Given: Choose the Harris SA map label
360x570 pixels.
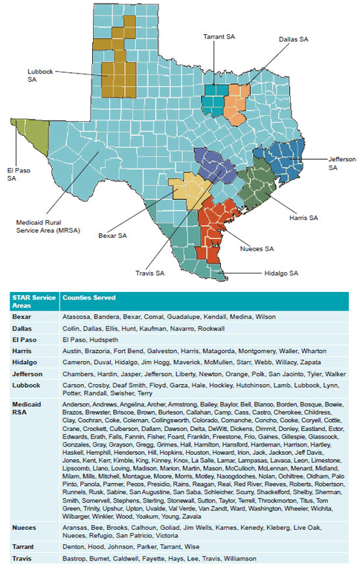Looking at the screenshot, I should [x=303, y=218].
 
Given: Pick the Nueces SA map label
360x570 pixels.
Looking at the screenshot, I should [x=258, y=247].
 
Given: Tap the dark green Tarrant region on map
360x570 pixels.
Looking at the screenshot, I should [x=214, y=97].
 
